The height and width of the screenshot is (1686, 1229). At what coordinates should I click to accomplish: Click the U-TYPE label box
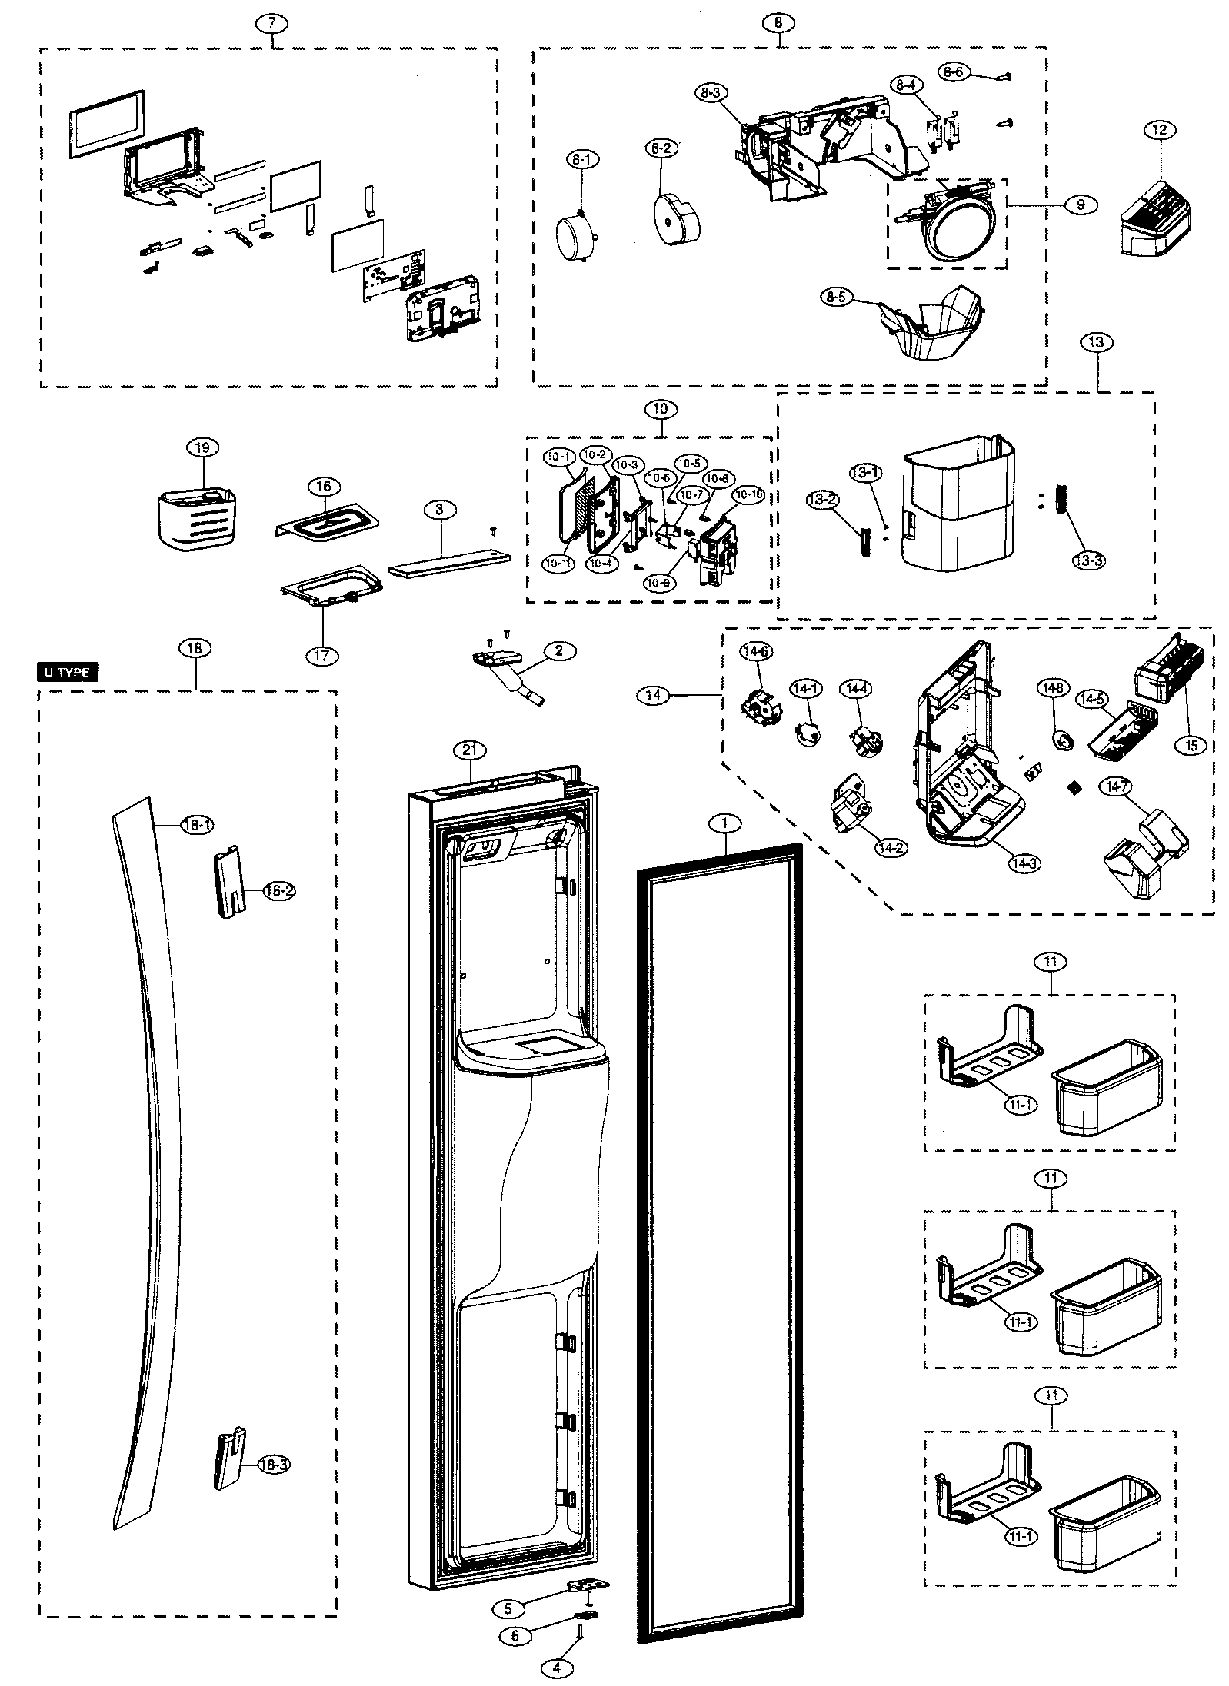coord(68,673)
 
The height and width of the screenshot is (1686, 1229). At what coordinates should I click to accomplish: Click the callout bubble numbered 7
coord(271,23)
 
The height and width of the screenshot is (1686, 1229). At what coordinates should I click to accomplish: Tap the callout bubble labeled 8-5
coord(837,298)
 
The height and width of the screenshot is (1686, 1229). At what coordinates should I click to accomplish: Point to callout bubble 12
coord(1160,130)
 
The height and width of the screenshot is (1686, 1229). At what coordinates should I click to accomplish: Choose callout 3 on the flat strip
coord(439,509)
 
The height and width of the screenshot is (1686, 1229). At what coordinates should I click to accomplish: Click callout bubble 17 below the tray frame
coord(321,655)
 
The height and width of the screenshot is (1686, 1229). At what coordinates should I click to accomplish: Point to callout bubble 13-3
coord(1089,560)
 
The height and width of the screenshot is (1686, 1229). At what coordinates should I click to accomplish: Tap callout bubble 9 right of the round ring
coord(1081,205)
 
